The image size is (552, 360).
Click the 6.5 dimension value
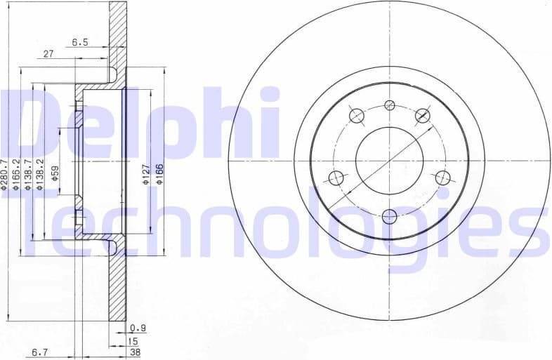[x=80, y=42]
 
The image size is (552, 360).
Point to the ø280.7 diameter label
[x=7, y=173]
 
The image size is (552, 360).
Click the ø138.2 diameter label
[x=41, y=173]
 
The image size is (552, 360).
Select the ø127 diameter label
[x=145, y=173]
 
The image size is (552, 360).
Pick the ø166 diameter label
[x=160, y=173]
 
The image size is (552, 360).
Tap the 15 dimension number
[x=132, y=342]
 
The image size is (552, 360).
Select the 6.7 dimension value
[x=39, y=354]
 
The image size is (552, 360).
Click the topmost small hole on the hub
[x=389, y=105]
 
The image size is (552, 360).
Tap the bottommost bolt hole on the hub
[x=389, y=215]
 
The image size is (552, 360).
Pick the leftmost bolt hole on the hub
[x=336, y=178]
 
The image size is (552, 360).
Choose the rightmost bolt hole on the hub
[x=442, y=178]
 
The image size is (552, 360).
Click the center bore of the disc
[x=389, y=161]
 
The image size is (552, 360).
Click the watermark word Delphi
[x=140, y=123]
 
